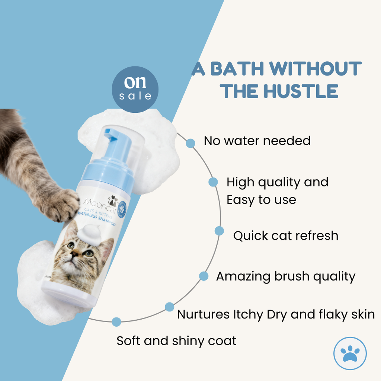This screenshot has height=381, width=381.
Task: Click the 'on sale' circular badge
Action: point(135,90)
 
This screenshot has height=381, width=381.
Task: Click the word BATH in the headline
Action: point(235,69)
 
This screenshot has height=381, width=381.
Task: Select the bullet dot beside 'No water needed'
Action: point(190,143)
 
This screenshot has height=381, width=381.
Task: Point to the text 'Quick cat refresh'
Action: point(286,236)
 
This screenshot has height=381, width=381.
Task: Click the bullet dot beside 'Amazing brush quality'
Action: point(204,276)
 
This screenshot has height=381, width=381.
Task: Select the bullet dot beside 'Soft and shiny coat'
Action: point(116,322)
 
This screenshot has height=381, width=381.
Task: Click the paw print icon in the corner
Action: point(350,353)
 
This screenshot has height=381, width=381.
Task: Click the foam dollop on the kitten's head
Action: point(90,234)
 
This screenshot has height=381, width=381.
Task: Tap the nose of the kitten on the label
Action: point(76,254)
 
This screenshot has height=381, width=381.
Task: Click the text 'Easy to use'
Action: point(261,200)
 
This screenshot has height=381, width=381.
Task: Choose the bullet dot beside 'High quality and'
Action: point(213,182)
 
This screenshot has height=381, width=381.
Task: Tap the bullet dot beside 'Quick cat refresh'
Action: point(219,231)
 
